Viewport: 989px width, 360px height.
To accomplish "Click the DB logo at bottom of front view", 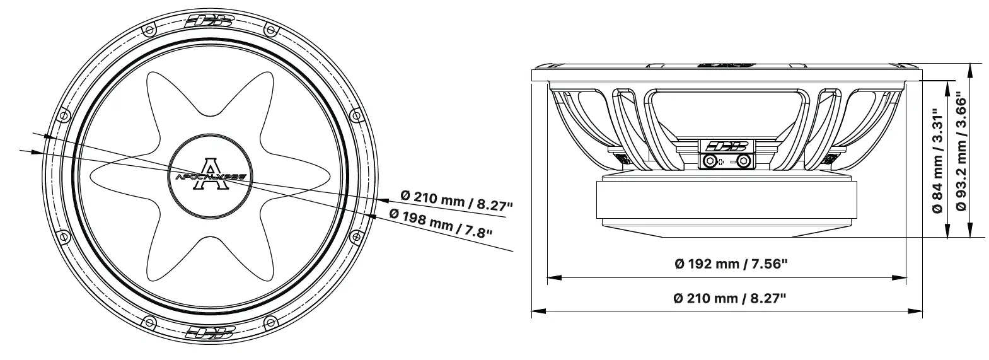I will (x=211, y=332).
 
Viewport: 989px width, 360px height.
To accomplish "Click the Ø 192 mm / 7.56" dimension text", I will (x=731, y=264).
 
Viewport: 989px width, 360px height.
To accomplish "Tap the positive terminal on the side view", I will (x=711, y=161).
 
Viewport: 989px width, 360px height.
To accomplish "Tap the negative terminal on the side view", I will (x=744, y=161).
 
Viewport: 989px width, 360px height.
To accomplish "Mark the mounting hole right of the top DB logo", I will (x=270, y=30).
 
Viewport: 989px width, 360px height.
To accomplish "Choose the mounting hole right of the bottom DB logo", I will (x=270, y=322).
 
